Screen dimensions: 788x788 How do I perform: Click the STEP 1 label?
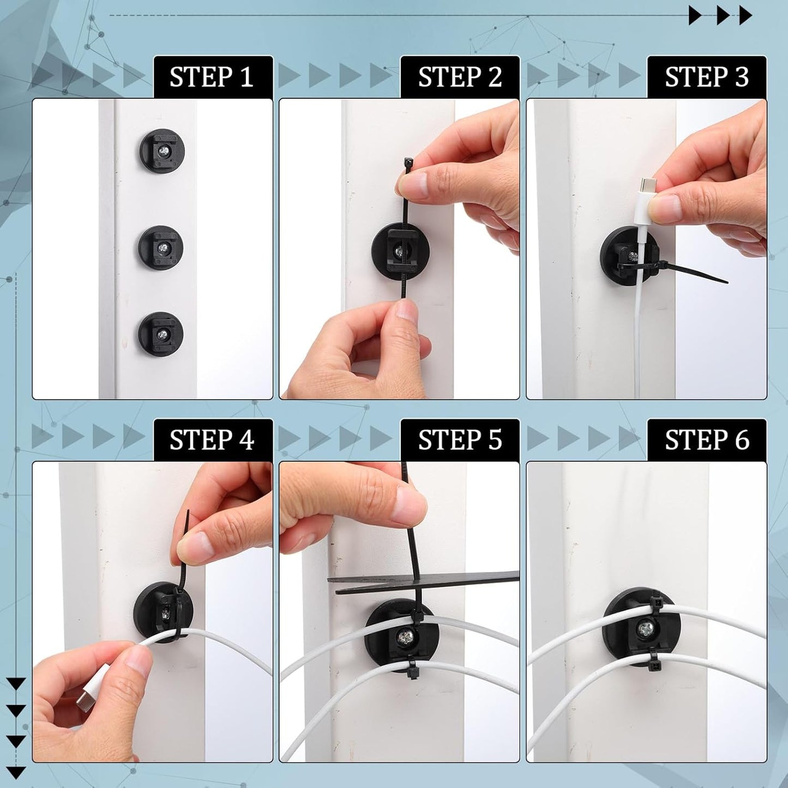pos(212,77)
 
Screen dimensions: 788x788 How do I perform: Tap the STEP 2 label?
pos(460,77)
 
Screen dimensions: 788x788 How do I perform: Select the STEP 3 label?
pos(707,77)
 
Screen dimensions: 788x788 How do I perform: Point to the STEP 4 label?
pos(212,440)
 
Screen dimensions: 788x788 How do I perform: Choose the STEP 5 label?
pos(460,440)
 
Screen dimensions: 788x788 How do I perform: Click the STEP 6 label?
pos(707,440)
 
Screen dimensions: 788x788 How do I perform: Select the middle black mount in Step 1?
pos(161,248)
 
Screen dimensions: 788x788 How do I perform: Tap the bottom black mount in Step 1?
pos(160,334)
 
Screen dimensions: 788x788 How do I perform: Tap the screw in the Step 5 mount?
pos(408,635)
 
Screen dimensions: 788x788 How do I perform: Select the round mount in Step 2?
pos(401,251)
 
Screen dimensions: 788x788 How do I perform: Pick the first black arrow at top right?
pos(695,15)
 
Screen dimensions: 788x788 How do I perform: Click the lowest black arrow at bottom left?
pos(16,772)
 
